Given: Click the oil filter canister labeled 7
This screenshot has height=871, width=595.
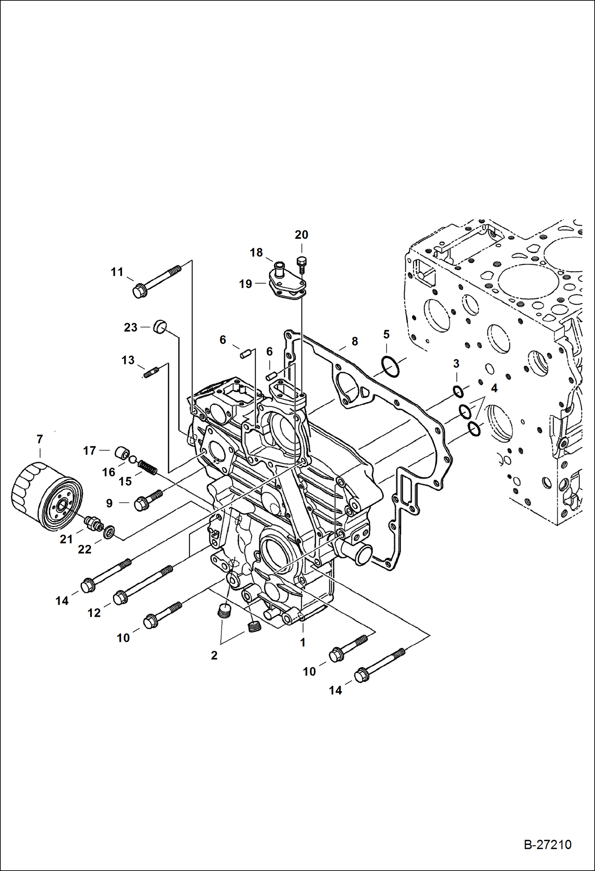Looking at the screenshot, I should tap(47, 496).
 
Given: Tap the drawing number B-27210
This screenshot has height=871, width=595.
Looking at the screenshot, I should tap(547, 844).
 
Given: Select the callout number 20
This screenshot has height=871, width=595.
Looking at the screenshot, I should tap(301, 235).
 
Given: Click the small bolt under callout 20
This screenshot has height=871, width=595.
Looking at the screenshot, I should tap(302, 263).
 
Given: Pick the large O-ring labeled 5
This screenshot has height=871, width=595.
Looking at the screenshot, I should tap(390, 367).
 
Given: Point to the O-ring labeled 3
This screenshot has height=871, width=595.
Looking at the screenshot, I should tap(458, 391).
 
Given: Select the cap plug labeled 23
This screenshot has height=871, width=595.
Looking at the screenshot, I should tap(160, 327).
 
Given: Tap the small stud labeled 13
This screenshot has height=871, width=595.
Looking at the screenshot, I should tap(151, 373).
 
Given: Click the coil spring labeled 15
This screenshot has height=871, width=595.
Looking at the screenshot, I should tap(147, 467).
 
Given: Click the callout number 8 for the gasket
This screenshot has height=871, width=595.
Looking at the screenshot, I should tap(355, 341).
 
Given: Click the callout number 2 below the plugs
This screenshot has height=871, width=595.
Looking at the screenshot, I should tap(214, 655).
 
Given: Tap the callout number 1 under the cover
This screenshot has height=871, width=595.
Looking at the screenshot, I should tap(303, 642).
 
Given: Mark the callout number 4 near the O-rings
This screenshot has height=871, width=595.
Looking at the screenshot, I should tap(494, 388).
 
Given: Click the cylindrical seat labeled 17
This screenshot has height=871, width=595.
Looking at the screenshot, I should tap(122, 453).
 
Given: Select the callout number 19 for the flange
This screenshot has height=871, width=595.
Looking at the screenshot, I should tap(245, 284).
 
